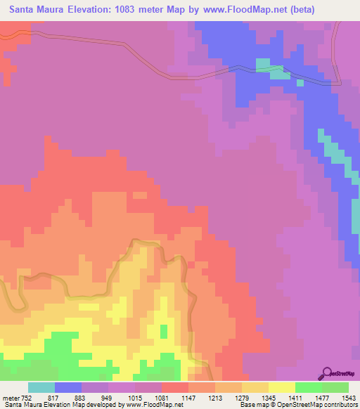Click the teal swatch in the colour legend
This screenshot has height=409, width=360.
click(x=41, y=387)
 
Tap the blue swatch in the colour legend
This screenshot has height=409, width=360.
click(x=68, y=387)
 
